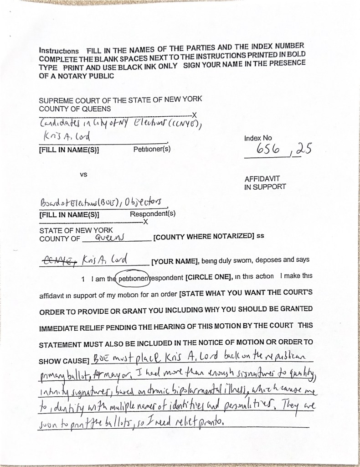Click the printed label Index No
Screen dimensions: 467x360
click(x=258, y=138)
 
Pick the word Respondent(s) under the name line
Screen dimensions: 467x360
click(x=153, y=213)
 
